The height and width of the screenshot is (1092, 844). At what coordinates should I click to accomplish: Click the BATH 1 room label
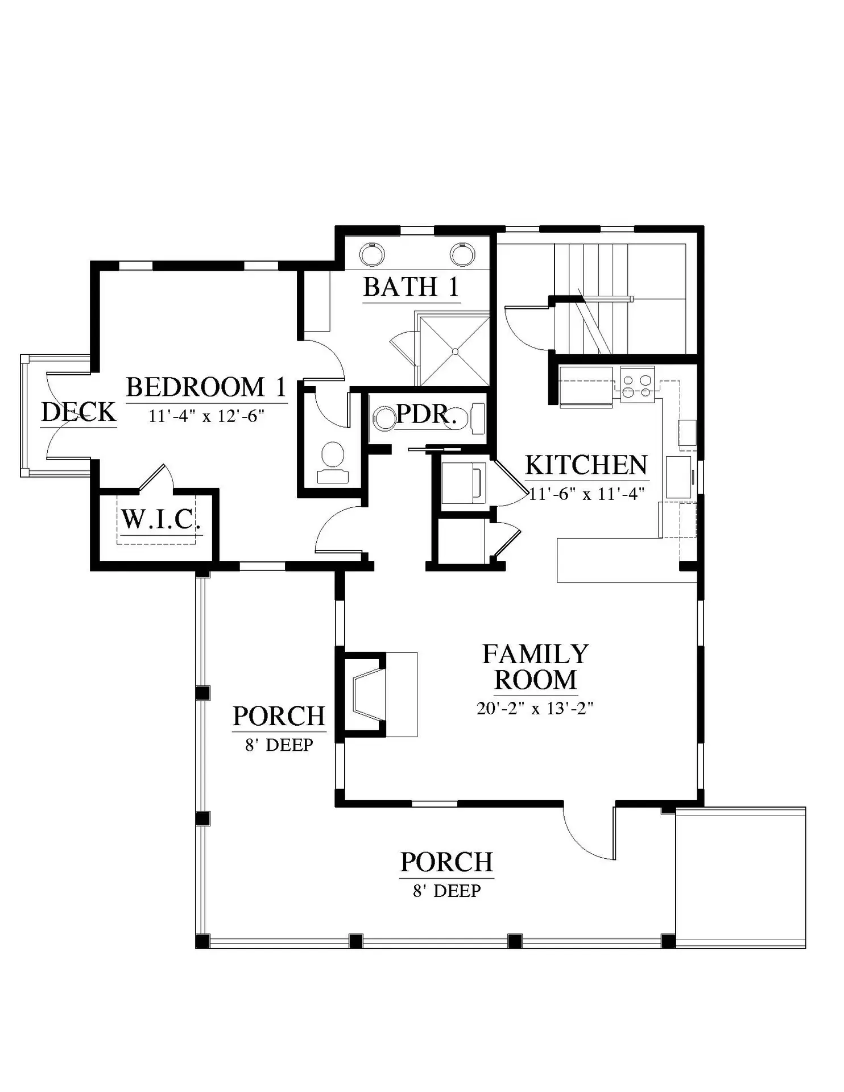click(411, 287)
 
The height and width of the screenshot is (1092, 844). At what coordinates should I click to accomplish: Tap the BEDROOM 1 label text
click(206, 387)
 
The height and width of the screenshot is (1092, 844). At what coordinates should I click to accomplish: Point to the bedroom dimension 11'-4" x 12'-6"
click(207, 416)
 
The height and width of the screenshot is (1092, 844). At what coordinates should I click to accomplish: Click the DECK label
click(78, 412)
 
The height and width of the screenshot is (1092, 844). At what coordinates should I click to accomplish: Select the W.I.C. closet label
click(161, 519)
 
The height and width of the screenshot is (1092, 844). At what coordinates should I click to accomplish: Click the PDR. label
click(427, 414)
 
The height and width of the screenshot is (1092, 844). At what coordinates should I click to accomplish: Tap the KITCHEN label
click(586, 465)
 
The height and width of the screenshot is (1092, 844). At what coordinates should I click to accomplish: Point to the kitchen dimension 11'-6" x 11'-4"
click(586, 493)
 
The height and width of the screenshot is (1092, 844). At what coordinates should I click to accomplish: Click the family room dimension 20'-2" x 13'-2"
click(535, 708)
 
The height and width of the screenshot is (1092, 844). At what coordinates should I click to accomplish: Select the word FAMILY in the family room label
click(535, 654)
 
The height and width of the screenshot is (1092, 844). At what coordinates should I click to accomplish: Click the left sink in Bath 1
click(373, 254)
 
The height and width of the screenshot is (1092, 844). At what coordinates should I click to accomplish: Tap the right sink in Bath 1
click(462, 254)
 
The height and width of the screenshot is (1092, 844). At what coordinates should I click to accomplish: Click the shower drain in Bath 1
click(455, 351)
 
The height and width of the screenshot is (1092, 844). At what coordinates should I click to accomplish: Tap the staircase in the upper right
click(620, 299)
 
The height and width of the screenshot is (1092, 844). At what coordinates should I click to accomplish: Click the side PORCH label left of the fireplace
click(279, 716)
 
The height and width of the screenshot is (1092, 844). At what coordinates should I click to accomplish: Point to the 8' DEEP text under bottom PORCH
click(447, 891)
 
